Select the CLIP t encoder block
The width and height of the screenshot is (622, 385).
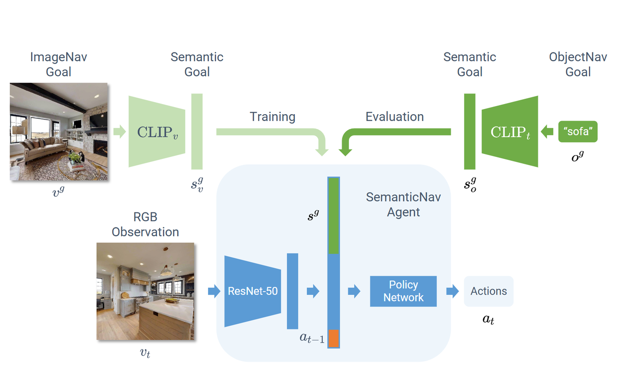coord(510,132)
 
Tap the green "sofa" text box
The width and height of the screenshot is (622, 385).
coord(578,132)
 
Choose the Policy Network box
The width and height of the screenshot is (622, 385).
coord(403,291)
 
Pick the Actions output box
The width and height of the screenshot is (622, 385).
coord(488,291)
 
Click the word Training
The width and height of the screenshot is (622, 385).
coord(273,117)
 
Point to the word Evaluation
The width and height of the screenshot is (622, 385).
coord(395,117)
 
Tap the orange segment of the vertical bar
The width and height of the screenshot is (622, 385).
coord(333,338)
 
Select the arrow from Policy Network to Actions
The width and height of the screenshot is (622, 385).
coord(452,291)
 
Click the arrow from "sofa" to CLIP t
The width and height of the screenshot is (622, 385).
coord(547,131)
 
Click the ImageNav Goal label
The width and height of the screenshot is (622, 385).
coord(58,64)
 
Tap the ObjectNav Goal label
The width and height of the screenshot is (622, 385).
coord(578,64)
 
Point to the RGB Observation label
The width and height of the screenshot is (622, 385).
coord(145,224)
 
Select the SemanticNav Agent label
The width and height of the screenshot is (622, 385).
coord(403,205)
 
